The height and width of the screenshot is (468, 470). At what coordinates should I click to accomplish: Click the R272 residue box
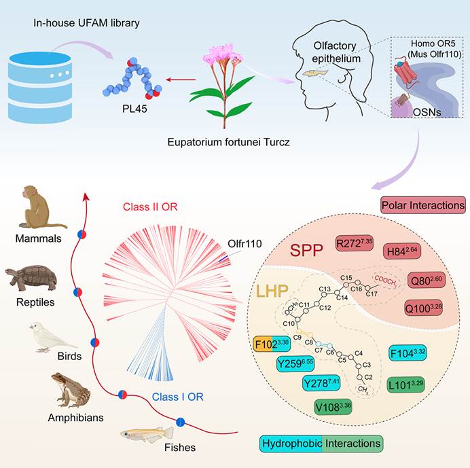click(354, 244)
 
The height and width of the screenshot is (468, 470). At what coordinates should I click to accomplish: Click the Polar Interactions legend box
click(423, 204)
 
